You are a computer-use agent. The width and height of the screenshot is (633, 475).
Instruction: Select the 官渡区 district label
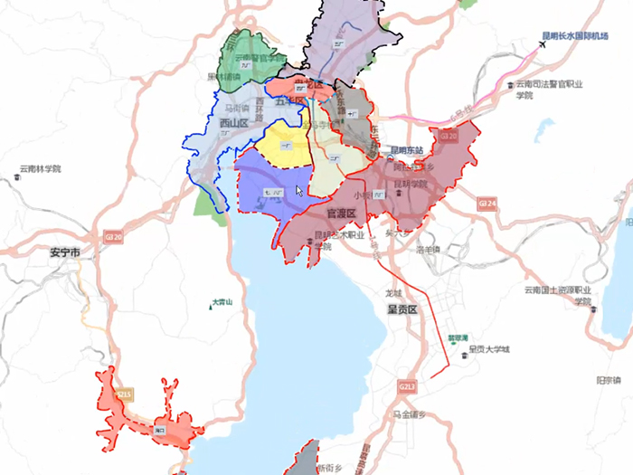(344, 214)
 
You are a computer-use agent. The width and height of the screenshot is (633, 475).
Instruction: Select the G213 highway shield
(407, 386)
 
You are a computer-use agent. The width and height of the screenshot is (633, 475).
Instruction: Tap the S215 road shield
(125, 395)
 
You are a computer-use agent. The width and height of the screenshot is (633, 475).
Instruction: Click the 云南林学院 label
(40, 169)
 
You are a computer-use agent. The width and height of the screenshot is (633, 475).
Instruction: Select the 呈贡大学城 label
(488, 348)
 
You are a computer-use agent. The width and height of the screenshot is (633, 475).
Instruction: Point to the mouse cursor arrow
(299, 190)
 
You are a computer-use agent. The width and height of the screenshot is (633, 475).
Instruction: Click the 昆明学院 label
(409, 183)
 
